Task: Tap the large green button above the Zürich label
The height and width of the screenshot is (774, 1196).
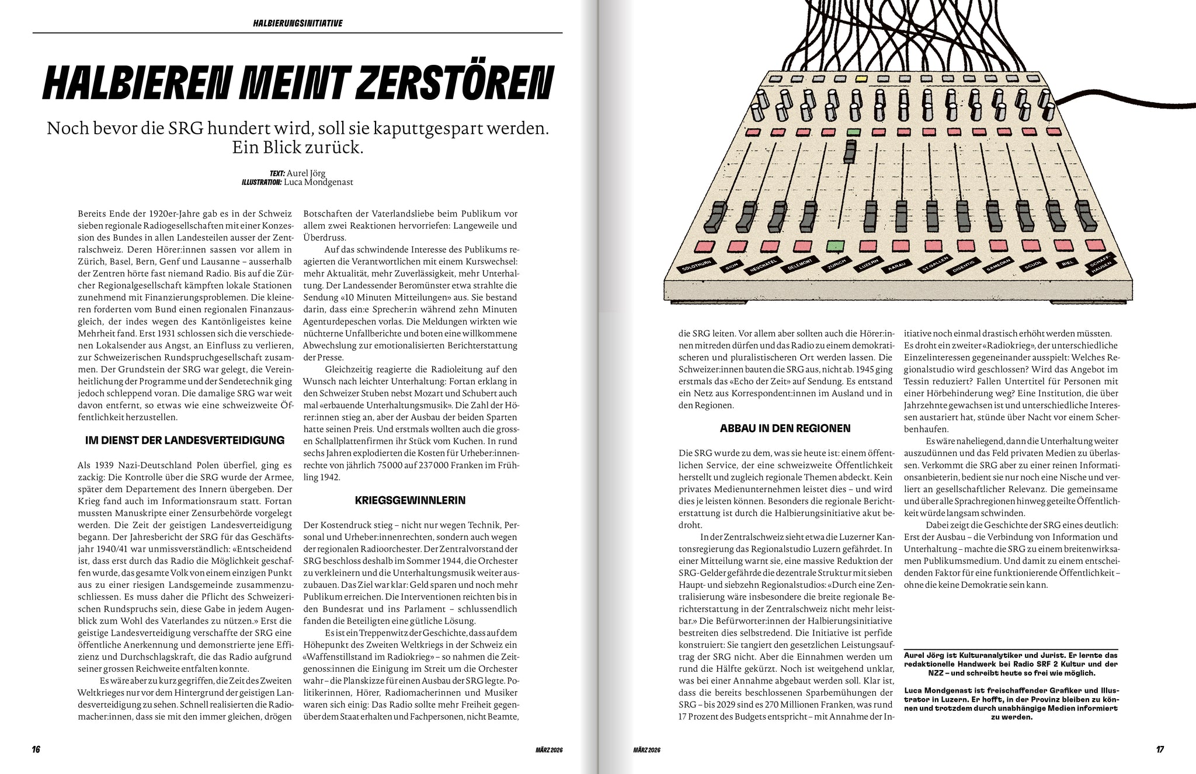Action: pos(836,246)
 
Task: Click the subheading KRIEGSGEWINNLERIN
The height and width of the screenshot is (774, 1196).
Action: pos(410,500)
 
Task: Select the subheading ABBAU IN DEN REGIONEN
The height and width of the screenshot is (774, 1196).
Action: pos(785,428)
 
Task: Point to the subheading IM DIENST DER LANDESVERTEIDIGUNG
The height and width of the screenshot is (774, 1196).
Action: pos(185,440)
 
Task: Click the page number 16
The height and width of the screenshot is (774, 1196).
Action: pos(36,749)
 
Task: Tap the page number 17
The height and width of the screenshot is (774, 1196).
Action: pos(1160,749)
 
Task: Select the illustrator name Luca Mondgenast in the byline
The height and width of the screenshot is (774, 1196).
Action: pos(318,182)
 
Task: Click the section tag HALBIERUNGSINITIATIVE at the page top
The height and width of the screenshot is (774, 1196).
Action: pos(297,23)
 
